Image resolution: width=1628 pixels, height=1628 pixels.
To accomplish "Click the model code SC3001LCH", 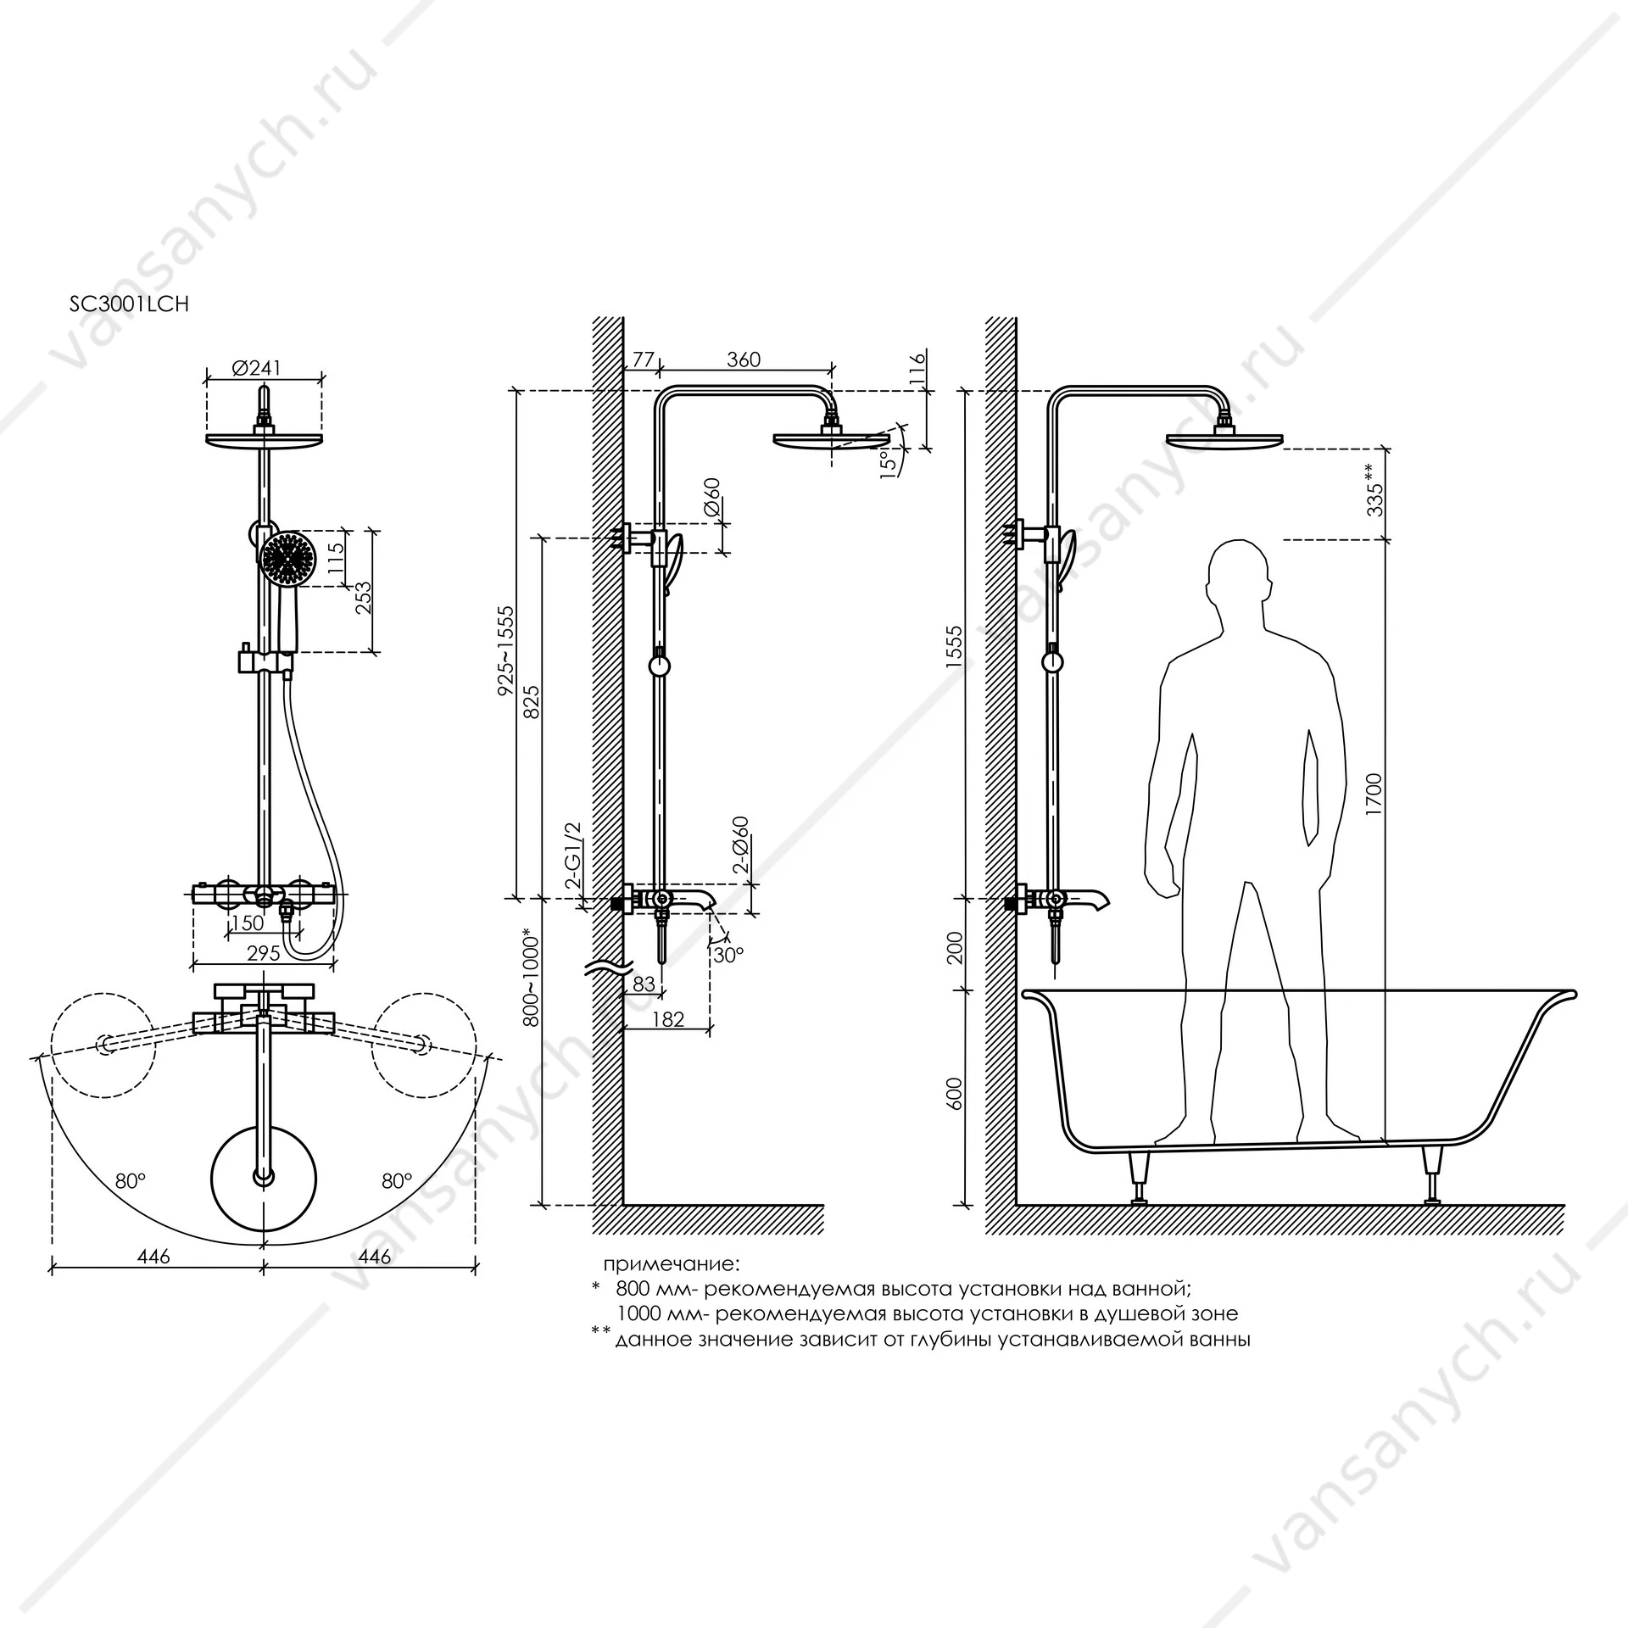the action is [129, 304].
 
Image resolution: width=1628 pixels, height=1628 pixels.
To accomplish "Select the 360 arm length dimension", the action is [744, 360].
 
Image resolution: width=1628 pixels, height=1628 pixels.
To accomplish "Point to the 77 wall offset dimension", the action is [644, 360].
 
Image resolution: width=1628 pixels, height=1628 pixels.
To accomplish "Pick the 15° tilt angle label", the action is [887, 465].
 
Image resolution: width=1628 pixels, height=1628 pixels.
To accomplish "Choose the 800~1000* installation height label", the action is [531, 978].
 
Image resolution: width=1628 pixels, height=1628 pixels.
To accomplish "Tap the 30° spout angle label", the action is [728, 954].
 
